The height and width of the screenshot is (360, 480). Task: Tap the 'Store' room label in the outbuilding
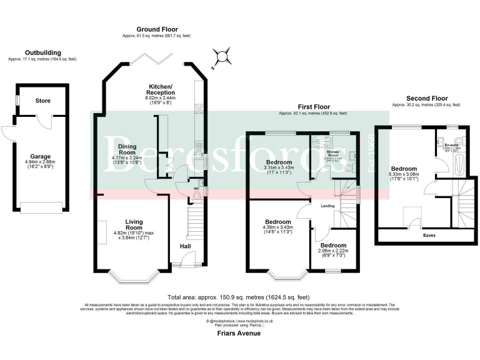(42, 101)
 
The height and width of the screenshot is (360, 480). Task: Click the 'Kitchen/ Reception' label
(161, 89)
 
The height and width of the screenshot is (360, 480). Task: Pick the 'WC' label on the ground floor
(196, 187)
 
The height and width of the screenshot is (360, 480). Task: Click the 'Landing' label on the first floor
(327, 206)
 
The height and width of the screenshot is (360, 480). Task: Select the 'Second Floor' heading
(427, 99)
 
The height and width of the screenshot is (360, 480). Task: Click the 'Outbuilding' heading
(42, 52)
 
